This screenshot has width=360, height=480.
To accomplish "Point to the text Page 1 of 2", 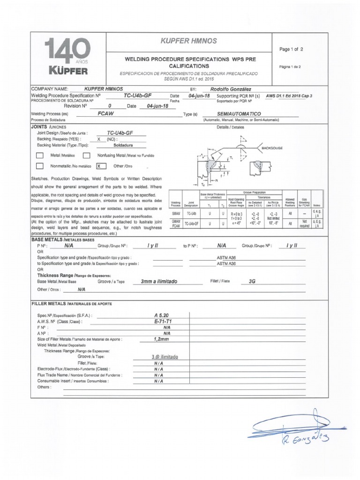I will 291,49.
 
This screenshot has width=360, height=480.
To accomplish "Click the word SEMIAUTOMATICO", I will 239,113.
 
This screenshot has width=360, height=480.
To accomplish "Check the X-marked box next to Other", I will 99,166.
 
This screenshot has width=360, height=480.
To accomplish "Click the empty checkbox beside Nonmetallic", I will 40,166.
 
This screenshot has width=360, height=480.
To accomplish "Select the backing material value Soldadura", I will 120,145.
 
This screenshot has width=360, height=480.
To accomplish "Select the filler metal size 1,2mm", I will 161,338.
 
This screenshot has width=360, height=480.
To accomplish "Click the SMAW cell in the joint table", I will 176,213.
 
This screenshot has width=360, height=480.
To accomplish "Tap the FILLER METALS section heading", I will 71,304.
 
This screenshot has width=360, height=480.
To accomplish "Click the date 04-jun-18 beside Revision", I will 157,106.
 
